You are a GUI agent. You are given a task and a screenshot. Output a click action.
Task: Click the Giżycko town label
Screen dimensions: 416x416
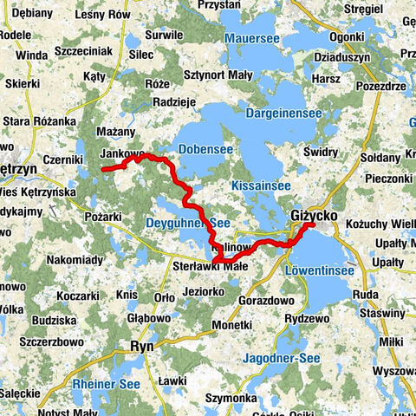tap(313, 213)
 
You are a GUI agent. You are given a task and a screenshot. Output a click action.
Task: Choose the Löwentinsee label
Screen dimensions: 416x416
tap(318, 271)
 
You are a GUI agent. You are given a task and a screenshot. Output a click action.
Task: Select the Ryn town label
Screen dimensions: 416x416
tap(141, 346)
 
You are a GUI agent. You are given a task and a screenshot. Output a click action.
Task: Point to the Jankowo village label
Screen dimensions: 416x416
tap(122, 154)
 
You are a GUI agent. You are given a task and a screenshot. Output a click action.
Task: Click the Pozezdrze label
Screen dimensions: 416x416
tap(380, 87)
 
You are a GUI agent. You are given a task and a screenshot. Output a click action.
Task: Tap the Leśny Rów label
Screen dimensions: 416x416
tap(103, 15)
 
